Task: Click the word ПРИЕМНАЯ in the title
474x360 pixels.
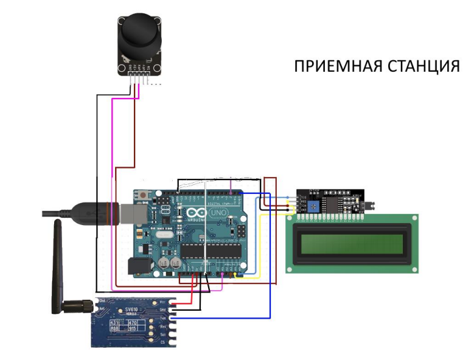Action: [332, 66]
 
